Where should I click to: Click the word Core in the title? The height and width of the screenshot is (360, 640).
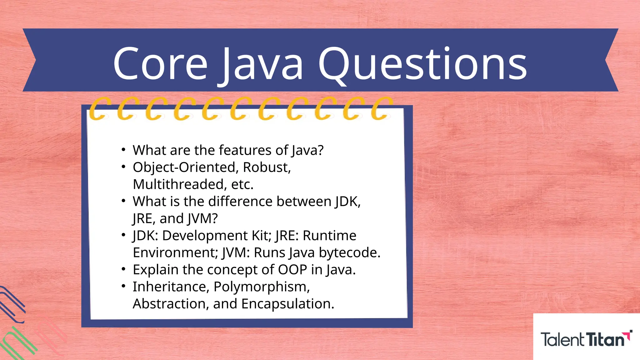pyautogui.click(x=160, y=64)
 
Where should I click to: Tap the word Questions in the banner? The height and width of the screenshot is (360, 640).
pyautogui.click(x=422, y=64)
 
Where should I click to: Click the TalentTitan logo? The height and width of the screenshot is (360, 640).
pyautogui.click(x=586, y=339)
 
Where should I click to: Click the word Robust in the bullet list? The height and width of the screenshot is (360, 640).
pyautogui.click(x=267, y=167)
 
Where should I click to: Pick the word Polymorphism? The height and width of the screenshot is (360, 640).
pyautogui.click(x=262, y=287)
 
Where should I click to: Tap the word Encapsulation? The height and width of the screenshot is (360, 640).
pyautogui.click(x=287, y=304)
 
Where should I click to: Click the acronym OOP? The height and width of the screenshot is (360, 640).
pyautogui.click(x=292, y=270)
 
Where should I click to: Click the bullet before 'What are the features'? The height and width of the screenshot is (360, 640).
pyautogui.click(x=124, y=150)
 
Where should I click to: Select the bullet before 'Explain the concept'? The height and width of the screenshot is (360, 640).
pyautogui.click(x=124, y=269)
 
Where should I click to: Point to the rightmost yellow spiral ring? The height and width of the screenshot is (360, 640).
pyautogui.click(x=381, y=108)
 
